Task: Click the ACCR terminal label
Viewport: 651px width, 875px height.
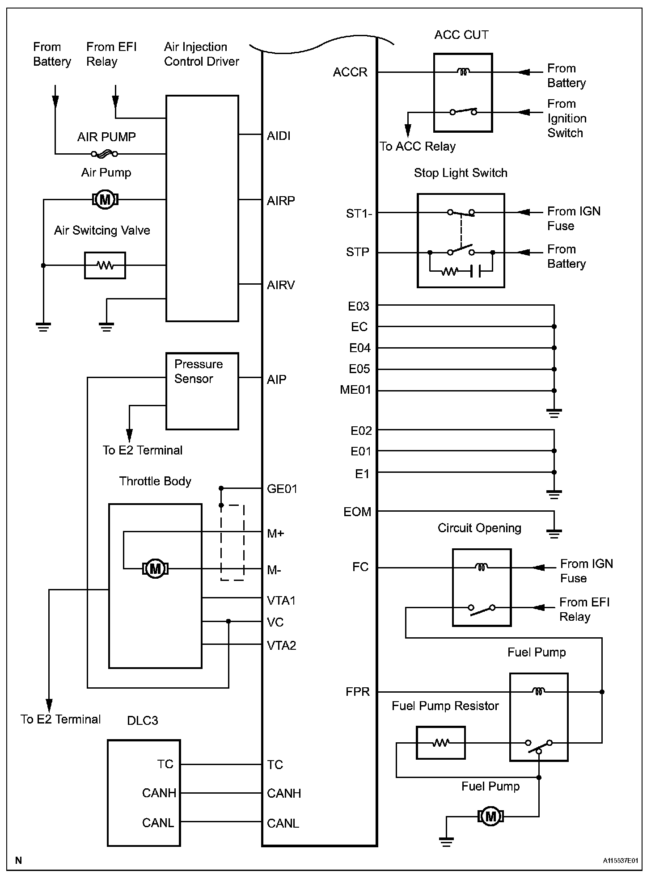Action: tap(350, 72)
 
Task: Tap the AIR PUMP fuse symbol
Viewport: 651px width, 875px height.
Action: tap(105, 154)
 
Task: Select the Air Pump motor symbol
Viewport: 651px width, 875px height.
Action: tap(105, 199)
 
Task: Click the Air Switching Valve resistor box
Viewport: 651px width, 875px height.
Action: tap(105, 265)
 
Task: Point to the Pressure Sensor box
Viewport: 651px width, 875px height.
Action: tap(202, 391)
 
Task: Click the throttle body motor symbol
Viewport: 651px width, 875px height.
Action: tap(155, 568)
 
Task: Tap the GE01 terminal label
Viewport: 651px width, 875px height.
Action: tap(282, 489)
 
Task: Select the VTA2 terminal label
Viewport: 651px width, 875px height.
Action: tap(282, 645)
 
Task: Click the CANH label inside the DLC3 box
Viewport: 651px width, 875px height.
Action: tap(159, 793)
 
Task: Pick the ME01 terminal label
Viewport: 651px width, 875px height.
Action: tap(356, 390)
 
